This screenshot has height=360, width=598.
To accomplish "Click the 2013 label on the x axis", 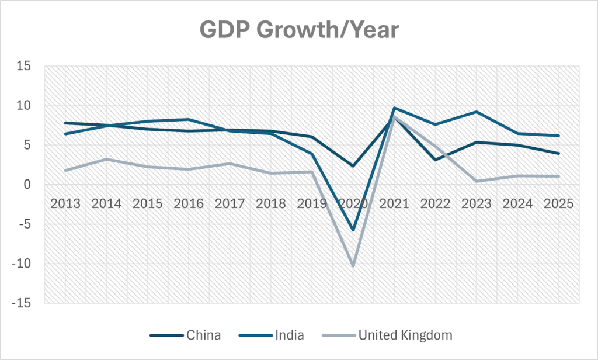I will pos(65,204).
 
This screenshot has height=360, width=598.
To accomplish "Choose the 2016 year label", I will pos(189,204).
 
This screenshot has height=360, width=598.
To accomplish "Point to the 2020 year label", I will pos(353,204).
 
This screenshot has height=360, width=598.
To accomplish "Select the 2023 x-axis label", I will pos(476,204).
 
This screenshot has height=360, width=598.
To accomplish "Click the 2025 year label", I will pos(558,204).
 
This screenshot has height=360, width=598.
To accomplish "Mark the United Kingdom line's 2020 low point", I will pos(353,266).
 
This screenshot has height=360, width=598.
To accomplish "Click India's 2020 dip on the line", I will pos(353,230).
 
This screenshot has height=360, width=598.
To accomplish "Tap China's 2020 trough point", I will pos(353,166).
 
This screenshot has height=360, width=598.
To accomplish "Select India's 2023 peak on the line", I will pos(476,112).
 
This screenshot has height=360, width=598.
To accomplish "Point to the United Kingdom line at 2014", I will pos(106,159).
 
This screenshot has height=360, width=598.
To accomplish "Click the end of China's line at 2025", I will pos(558,153).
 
